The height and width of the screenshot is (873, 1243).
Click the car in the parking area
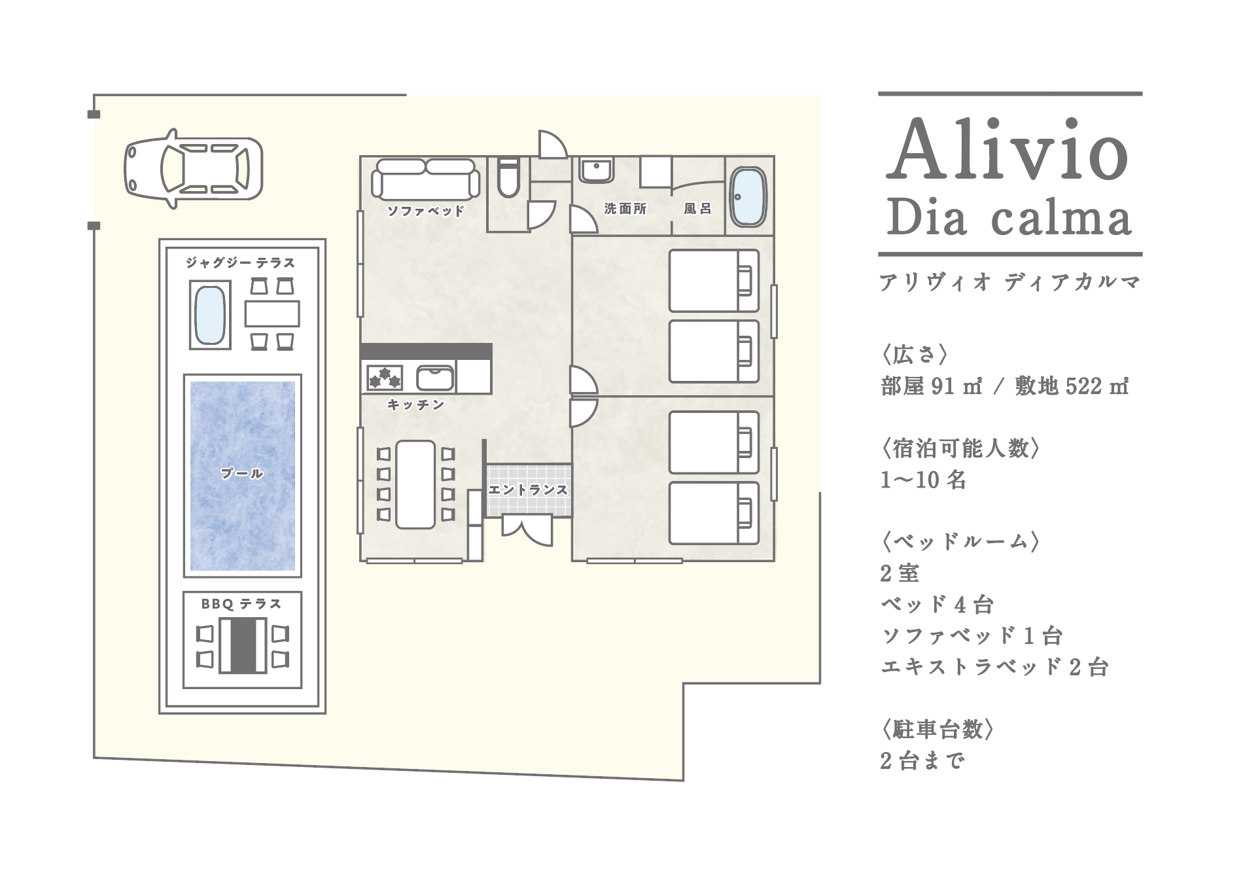pos(193,168)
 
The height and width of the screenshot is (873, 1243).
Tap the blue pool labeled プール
pos(242,476)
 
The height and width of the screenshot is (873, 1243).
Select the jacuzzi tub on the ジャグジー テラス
pos(210,315)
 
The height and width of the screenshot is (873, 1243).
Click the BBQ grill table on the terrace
pos(243,645)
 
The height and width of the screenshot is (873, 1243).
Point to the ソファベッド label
pos(426,211)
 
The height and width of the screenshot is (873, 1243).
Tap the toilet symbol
pos(508,177)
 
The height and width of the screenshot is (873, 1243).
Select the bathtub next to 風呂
pos(748,197)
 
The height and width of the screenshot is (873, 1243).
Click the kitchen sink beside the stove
pos(435,378)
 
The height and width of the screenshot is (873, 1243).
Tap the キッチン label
pos(416,405)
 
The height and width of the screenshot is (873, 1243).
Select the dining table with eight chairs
pos(415,484)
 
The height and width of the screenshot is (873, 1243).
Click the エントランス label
pos(528,490)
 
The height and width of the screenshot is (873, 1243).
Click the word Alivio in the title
pos(1008,149)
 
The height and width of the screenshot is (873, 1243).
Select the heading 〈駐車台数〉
pos(937,729)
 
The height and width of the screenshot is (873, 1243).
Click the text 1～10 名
pos(923,480)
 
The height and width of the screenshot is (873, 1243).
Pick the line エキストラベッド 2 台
pos(994,667)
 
